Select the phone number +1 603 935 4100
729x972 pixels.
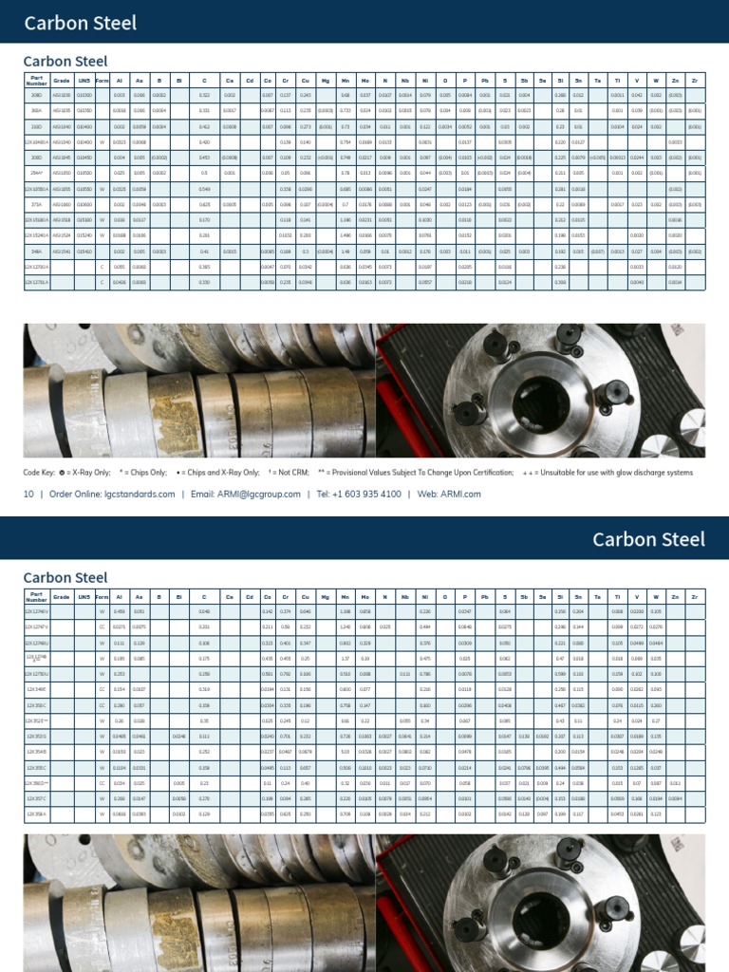[x=359, y=494]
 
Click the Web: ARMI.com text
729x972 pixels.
[x=449, y=494]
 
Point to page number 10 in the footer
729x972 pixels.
[x=28, y=494]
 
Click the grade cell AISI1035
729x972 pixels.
[x=62, y=110]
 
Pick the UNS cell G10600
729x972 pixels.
[x=84, y=204]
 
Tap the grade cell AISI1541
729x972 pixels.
[x=62, y=252]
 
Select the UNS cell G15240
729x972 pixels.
[x=84, y=235]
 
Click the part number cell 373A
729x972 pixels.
[x=36, y=204]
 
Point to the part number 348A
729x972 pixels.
[x=36, y=252]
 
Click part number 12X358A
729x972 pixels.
[x=36, y=814]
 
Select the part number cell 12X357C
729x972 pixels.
[x=36, y=799]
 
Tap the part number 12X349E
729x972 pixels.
[x=36, y=688]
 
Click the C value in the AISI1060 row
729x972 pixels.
[x=204, y=204]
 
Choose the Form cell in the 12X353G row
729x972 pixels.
[x=102, y=736]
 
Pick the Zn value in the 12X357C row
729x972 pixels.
[x=675, y=799]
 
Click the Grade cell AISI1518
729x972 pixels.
[x=62, y=220]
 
